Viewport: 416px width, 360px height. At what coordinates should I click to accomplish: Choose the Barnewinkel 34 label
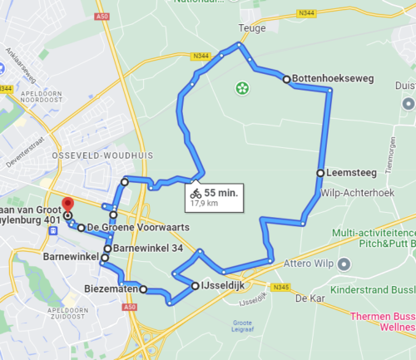[148, 248]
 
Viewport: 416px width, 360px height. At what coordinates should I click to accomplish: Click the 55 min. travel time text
[221, 191]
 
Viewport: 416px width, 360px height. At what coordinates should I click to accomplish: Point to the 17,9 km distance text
[204, 202]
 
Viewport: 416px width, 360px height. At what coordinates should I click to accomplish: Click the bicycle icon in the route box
[196, 192]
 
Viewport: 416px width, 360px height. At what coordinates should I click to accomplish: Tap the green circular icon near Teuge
[242, 86]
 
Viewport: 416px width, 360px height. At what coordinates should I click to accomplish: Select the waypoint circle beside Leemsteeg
[320, 173]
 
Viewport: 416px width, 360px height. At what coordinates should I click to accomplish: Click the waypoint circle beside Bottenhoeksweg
[286, 80]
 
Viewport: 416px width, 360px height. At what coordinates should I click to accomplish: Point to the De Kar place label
[309, 298]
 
